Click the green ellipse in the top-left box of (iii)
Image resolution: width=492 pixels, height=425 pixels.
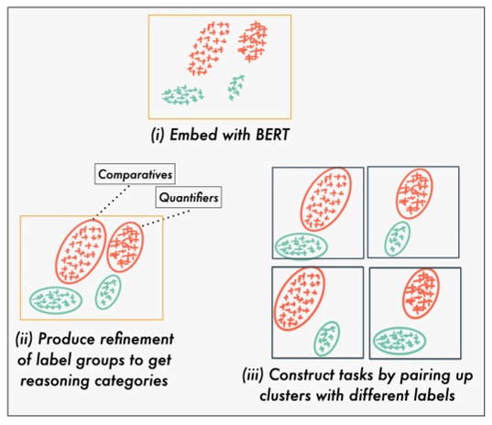point(301,244)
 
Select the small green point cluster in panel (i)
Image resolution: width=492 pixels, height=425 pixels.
point(236,87)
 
